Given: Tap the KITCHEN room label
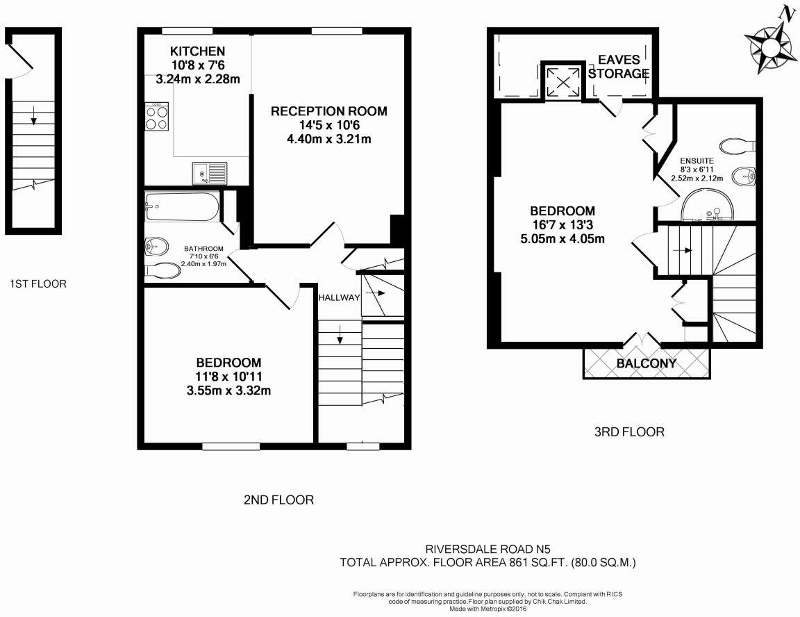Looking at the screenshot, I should [198, 51].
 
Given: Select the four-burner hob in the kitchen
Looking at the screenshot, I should [157, 116].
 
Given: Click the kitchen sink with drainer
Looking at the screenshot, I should [210, 171].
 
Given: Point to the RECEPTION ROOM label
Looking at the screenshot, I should [328, 111].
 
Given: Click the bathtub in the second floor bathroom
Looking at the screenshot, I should [182, 207].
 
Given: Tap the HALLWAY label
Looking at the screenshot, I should [340, 297].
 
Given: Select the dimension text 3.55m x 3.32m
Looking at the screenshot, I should [228, 390].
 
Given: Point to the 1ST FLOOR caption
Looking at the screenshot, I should [38, 283].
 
